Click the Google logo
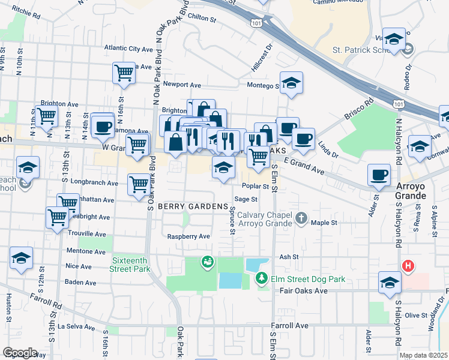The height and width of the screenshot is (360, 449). click(20, 353)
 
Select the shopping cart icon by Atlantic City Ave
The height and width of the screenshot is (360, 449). click(124, 73)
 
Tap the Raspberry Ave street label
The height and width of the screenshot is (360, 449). click(188, 236)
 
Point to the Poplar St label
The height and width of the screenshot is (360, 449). click(255, 186)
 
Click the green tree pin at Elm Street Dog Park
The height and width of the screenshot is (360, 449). click(261, 278)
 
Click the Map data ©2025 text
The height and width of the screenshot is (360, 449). click(423, 355)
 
